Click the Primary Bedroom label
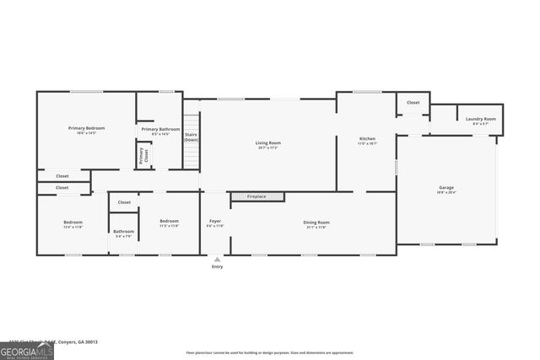pyautogui.click(x=86, y=128)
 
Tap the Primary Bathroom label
pyautogui.click(x=160, y=128)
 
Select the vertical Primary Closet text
pyautogui.click(x=142, y=155)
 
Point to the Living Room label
pyautogui.click(x=268, y=142)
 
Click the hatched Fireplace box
pyautogui.click(x=257, y=196)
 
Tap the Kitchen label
pyautogui.click(x=367, y=138)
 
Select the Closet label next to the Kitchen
pyautogui.click(x=413, y=102)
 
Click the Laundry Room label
pyautogui.click(x=480, y=119)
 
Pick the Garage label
pyautogui.click(x=445, y=187)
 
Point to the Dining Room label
pyautogui.click(x=316, y=222)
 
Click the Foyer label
pyautogui.click(x=215, y=222)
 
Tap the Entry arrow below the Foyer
pyautogui.click(x=218, y=259)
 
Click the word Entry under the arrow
pyautogui.click(x=218, y=267)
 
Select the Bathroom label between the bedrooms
pyautogui.click(x=124, y=231)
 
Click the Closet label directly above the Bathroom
pyautogui.click(x=124, y=202)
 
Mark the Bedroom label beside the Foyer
pyautogui.click(x=170, y=222)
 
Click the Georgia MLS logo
pyautogui.click(x=27, y=350)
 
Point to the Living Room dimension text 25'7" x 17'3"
pyautogui.click(x=268, y=148)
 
